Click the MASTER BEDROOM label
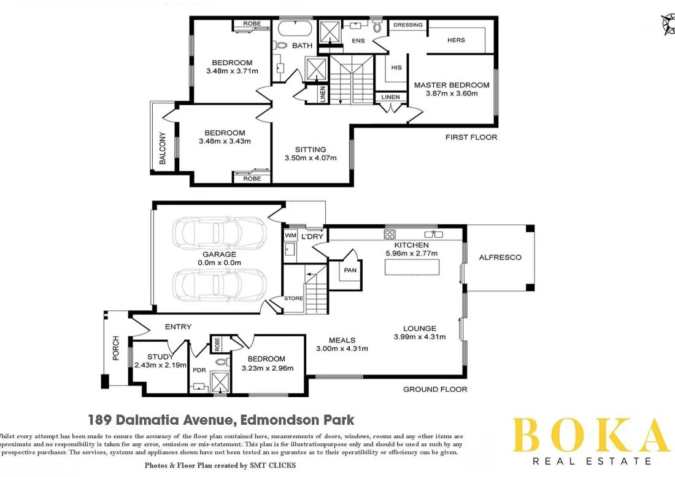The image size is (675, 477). click(452, 85)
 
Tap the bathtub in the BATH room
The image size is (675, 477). click(296, 28)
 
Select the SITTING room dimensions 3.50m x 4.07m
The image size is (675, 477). click(310, 158)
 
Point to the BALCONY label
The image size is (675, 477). click(163, 148)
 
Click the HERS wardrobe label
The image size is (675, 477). click(456, 40)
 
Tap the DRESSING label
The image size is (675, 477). click(408, 25)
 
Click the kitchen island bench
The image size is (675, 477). click(412, 267)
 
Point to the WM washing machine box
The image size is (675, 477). click(290, 235)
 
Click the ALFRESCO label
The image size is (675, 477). click(500, 258)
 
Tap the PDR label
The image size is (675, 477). click(199, 370)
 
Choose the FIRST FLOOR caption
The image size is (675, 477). click(471, 137)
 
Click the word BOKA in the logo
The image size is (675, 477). click(590, 435)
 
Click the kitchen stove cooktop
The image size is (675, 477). click(389, 234)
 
